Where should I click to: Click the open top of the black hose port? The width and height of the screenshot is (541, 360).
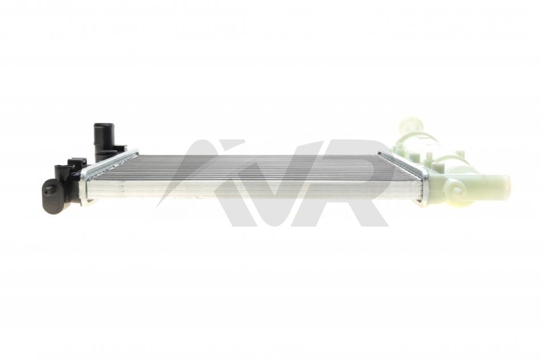pos(101,125)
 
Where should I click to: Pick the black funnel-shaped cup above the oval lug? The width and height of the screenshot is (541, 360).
pos(64,171)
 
